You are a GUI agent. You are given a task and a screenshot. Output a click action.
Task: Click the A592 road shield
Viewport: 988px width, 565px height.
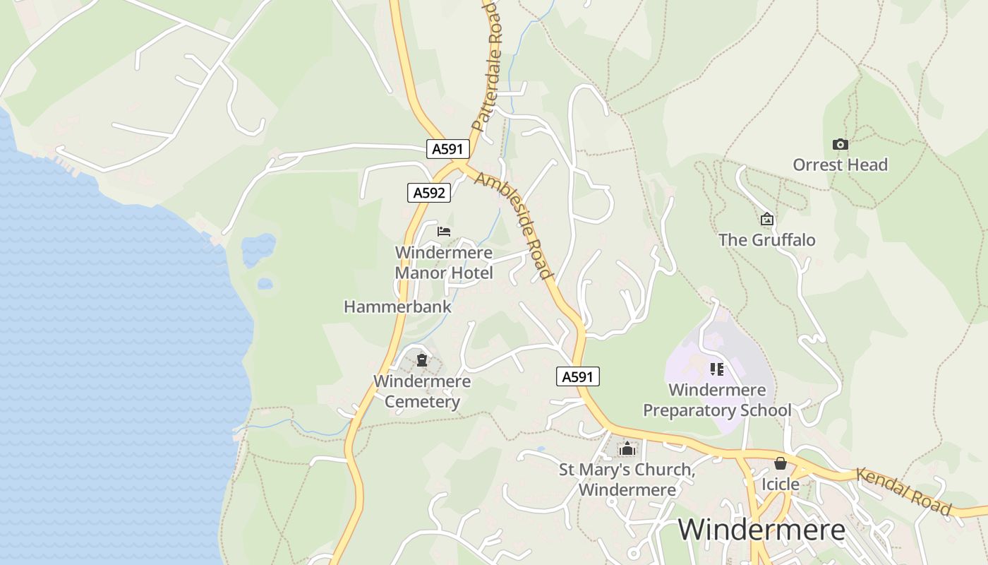point(428,193)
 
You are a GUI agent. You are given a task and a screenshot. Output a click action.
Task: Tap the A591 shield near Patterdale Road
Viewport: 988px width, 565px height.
point(447,149)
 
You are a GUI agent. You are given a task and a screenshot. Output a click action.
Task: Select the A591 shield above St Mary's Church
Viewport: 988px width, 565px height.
point(577,377)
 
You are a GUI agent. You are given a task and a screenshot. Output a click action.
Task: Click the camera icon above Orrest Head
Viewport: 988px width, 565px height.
point(840,144)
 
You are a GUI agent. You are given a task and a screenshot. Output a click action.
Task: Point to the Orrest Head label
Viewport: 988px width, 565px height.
point(840,165)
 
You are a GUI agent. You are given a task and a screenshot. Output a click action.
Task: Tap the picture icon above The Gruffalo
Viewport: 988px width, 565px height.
point(767,220)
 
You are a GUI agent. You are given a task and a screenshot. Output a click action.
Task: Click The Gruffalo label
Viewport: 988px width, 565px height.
point(767,240)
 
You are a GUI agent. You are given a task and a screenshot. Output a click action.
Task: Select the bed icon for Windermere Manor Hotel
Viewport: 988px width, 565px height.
point(444,232)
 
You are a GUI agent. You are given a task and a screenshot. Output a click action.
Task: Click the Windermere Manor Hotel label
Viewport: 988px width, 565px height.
point(444,263)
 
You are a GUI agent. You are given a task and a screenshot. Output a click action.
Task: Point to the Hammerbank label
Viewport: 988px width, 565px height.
point(397,307)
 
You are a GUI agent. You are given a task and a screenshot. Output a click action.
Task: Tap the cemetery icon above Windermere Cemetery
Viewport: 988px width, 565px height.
point(422,361)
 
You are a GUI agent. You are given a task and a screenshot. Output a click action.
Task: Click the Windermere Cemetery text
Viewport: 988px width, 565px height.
point(422,392)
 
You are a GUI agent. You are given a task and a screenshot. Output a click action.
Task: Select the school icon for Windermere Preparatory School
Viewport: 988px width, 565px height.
point(717,369)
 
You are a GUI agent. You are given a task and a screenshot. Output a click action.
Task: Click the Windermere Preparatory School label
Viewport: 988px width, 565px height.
point(717,400)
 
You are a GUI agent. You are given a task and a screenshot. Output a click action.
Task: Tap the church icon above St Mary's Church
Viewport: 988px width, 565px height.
point(627,448)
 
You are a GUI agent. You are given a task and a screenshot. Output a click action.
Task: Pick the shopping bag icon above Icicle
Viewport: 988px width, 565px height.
point(780,464)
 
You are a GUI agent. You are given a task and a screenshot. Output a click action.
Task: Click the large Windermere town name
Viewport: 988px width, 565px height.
point(761,530)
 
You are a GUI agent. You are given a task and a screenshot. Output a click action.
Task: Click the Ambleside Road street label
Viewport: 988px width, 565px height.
point(513,225)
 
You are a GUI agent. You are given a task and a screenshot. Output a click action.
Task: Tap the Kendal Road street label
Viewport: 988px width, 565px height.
point(903,491)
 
